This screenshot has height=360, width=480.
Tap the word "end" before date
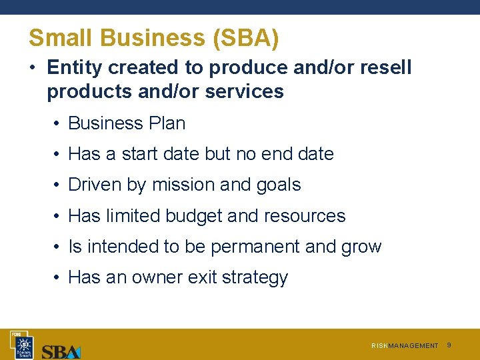(x=279, y=154)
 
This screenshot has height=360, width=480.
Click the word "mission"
(x=184, y=185)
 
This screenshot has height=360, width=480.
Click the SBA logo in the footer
(x=61, y=351)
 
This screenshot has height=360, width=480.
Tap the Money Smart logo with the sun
(x=23, y=345)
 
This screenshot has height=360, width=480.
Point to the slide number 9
(x=449, y=345)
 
